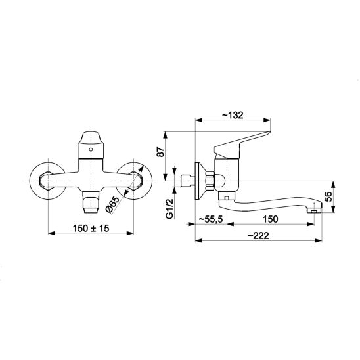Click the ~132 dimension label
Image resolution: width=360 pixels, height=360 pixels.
[233, 115]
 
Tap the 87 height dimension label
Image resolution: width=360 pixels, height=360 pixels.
[161, 151]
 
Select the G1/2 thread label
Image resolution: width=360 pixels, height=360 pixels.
[169, 208]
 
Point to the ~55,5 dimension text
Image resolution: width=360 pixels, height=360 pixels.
[210, 219]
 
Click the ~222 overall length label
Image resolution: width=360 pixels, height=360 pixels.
[258, 236]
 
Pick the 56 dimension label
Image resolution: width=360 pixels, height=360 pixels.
[329, 196]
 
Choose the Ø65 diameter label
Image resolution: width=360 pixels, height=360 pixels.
[112, 205]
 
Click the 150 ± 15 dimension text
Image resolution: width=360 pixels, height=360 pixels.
[91, 228]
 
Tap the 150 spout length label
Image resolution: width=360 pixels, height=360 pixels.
[270, 219]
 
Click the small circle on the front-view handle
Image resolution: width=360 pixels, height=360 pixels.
[91, 150]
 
